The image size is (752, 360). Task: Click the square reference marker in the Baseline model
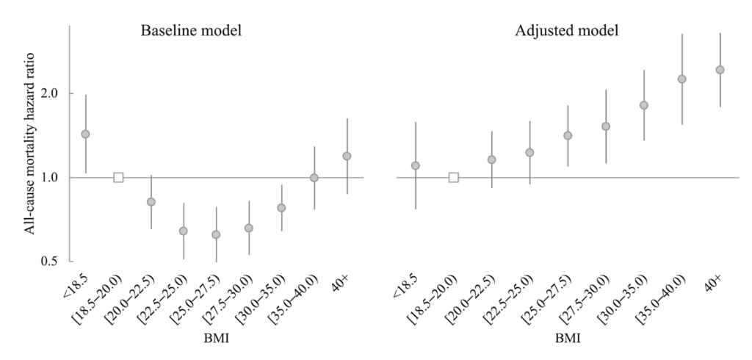118,177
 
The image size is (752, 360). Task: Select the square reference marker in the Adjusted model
454,177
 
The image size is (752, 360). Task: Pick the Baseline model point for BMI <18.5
85,134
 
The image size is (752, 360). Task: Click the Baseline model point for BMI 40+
347,156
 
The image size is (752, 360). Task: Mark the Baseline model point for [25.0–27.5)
216,234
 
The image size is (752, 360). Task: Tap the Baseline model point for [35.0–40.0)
314,178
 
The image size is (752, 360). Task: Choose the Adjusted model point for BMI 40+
720,70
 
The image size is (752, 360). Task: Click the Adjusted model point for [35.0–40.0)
681,79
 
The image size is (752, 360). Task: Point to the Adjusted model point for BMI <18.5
416,165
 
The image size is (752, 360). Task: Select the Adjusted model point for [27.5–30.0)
606,126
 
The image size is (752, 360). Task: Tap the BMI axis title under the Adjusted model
568,341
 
